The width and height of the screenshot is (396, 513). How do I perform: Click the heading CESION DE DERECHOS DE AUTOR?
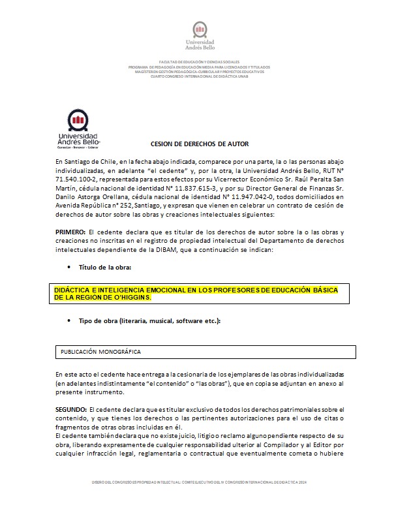coord(200,144)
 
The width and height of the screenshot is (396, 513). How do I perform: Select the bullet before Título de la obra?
coord(70,268)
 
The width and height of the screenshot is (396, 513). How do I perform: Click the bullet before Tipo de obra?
coord(70,320)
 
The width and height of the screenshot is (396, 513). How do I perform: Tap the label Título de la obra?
coord(105,268)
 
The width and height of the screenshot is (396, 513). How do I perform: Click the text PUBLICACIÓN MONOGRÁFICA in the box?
coord(101,352)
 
